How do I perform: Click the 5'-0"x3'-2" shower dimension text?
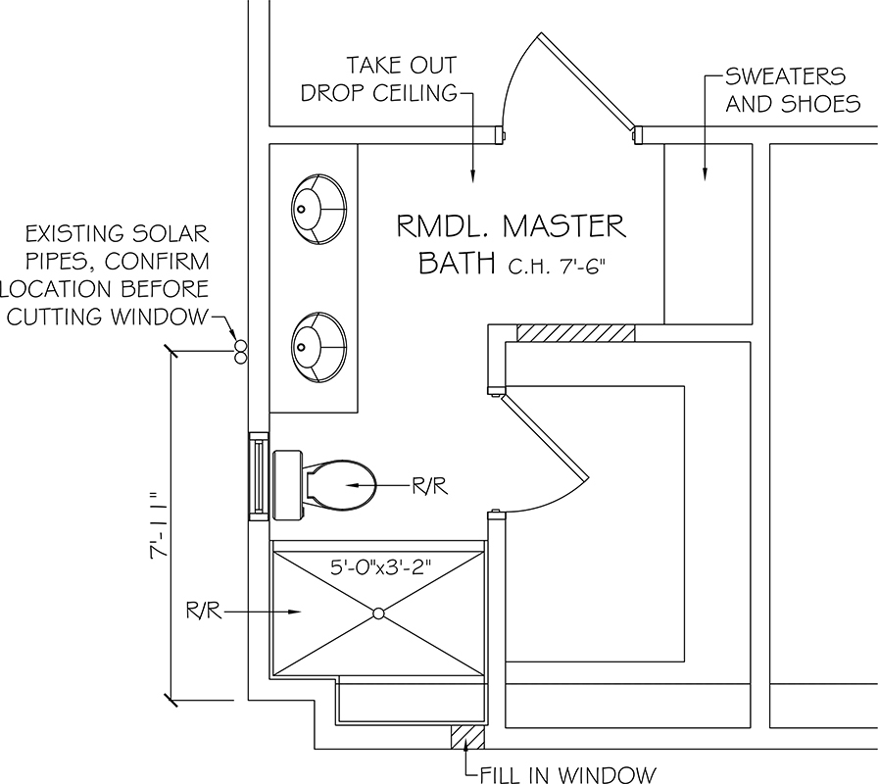[x=378, y=567]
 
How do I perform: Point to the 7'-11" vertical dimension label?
[x=157, y=526]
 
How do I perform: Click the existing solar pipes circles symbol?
[x=239, y=352]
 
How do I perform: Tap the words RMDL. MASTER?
[x=510, y=226]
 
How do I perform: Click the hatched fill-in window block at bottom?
[x=467, y=735]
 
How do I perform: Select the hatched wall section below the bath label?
[x=575, y=333]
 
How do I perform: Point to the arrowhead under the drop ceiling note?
[x=473, y=175]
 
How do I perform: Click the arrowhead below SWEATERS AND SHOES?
[x=704, y=175]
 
